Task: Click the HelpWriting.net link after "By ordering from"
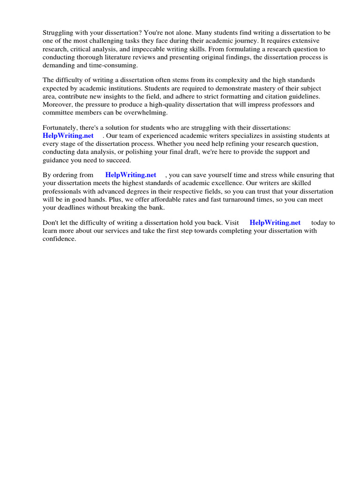[131, 175]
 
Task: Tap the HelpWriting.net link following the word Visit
[275, 223]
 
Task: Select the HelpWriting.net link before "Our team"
[68, 135]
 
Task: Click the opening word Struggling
[59, 33]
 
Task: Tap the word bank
[158, 207]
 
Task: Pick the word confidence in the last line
[59, 239]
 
